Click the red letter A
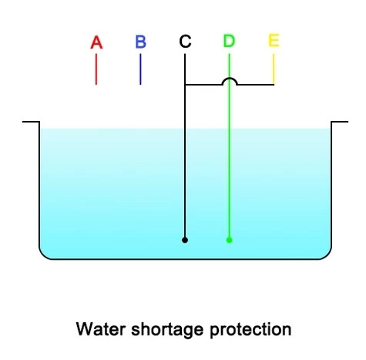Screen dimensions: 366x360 point(96,42)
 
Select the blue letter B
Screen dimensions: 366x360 point(140,42)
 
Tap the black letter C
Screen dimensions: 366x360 point(185,42)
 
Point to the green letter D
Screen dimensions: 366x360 point(229,41)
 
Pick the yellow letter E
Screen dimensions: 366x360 point(274,40)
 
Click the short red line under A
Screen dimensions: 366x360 point(96,69)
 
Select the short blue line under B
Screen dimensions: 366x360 point(140,69)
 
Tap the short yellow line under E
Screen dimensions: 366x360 point(274,69)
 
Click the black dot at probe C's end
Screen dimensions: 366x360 point(185,240)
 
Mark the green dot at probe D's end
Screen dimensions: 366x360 point(230,240)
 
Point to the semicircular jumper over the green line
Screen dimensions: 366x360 point(230,79)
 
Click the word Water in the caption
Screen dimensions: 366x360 point(101,329)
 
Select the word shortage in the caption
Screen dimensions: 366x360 point(167,330)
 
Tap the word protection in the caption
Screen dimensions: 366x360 point(250,330)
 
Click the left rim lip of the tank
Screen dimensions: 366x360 point(31,122)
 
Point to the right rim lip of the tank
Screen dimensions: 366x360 point(340,122)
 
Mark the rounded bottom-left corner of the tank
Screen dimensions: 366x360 point(42,255)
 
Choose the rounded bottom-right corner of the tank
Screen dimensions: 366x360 point(327,255)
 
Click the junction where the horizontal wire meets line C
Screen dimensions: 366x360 point(185,84)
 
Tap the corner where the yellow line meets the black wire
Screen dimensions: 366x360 point(274,84)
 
